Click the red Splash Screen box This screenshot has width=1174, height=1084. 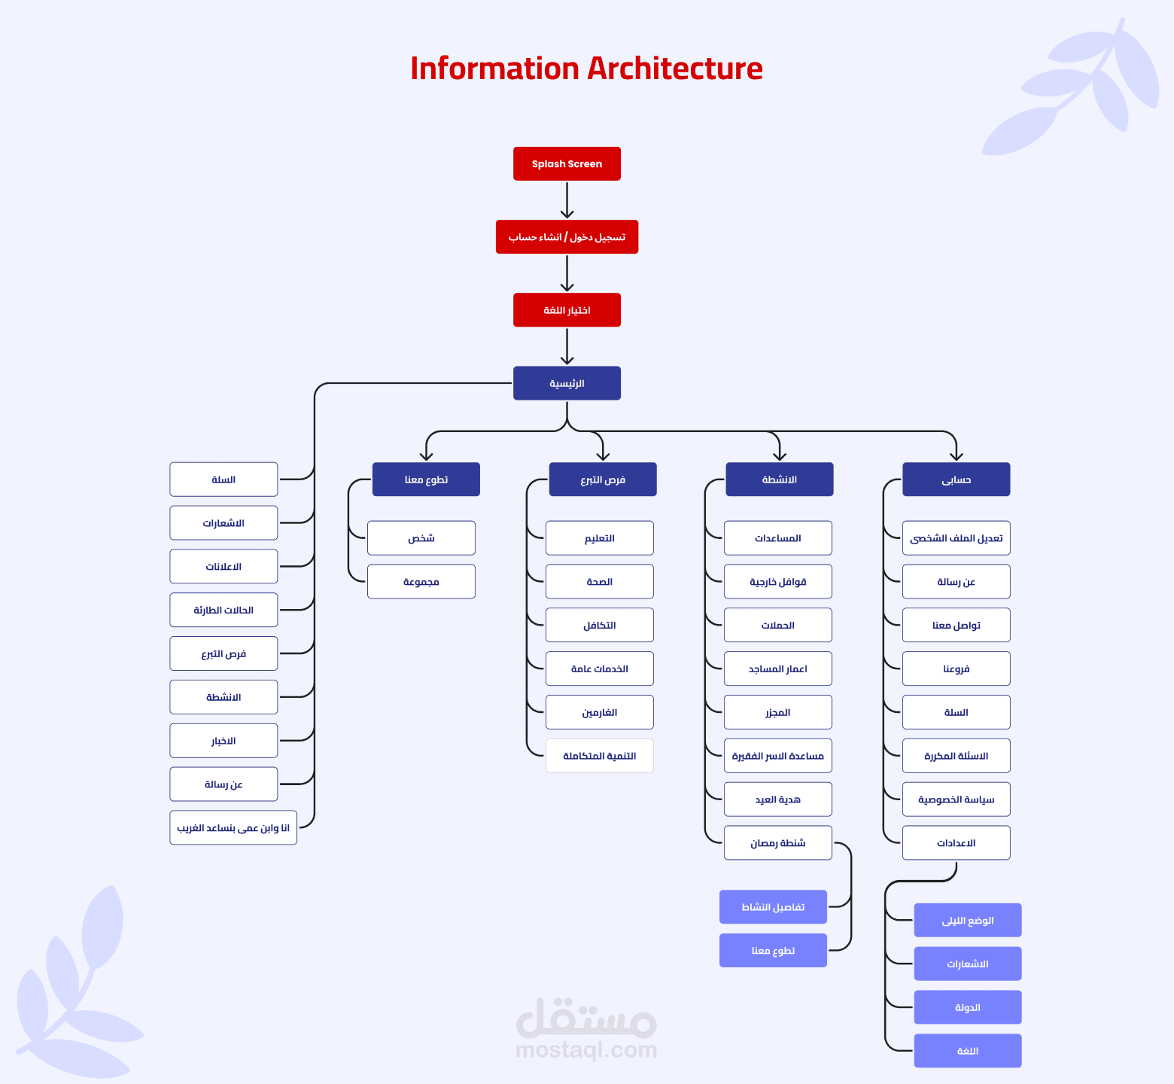click(567, 163)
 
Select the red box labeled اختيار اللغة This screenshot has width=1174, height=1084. click(567, 310)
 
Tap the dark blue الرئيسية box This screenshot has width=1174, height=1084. click(567, 383)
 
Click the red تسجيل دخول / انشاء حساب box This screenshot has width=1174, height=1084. click(567, 237)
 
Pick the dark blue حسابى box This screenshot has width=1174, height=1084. click(956, 480)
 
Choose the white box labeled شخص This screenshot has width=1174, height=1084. click(421, 538)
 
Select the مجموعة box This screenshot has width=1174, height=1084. click(421, 582)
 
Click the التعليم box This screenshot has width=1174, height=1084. click(599, 538)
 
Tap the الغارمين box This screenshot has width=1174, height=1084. click(599, 712)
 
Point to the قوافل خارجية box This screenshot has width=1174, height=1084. click(777, 582)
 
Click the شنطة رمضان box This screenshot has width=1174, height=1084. click(777, 843)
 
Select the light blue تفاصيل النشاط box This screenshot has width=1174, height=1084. click(773, 907)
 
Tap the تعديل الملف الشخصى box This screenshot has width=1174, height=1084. click(956, 538)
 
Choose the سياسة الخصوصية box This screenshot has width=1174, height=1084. click(956, 799)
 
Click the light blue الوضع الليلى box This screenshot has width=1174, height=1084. click(967, 921)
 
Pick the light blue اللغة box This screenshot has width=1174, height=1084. click(967, 1051)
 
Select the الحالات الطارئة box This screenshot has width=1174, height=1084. click(224, 610)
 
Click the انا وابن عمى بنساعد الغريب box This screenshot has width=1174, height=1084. click(233, 828)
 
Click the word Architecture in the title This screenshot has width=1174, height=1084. click(674, 69)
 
